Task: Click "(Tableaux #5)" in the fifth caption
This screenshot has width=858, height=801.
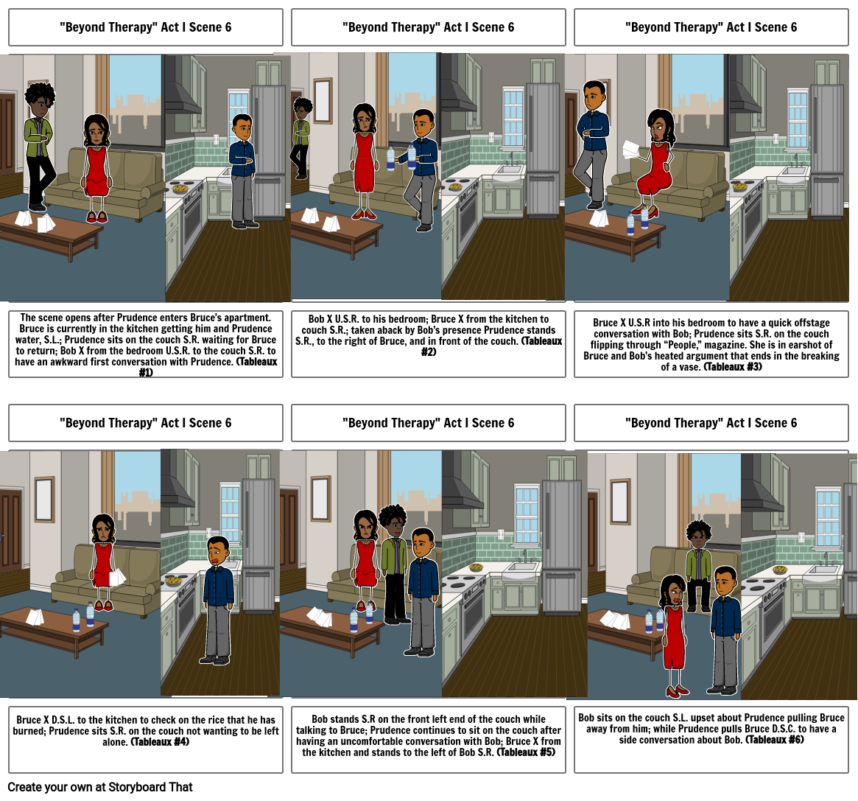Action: tap(526, 752)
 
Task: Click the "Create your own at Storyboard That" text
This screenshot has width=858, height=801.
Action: tap(100, 787)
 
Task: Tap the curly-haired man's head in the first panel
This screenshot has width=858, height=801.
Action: tap(39, 99)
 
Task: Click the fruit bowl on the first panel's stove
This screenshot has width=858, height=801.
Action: tap(180, 189)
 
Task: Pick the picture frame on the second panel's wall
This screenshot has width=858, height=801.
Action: tap(323, 101)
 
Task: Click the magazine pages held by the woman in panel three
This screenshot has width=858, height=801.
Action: tap(631, 150)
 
